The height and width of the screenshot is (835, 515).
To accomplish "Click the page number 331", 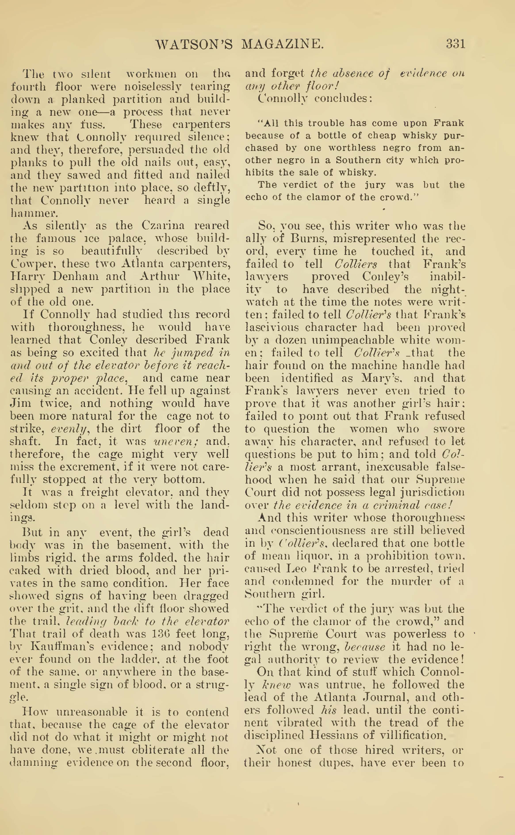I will pos(455,44).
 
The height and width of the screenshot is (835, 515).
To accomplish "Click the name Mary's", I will pos(373,378).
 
